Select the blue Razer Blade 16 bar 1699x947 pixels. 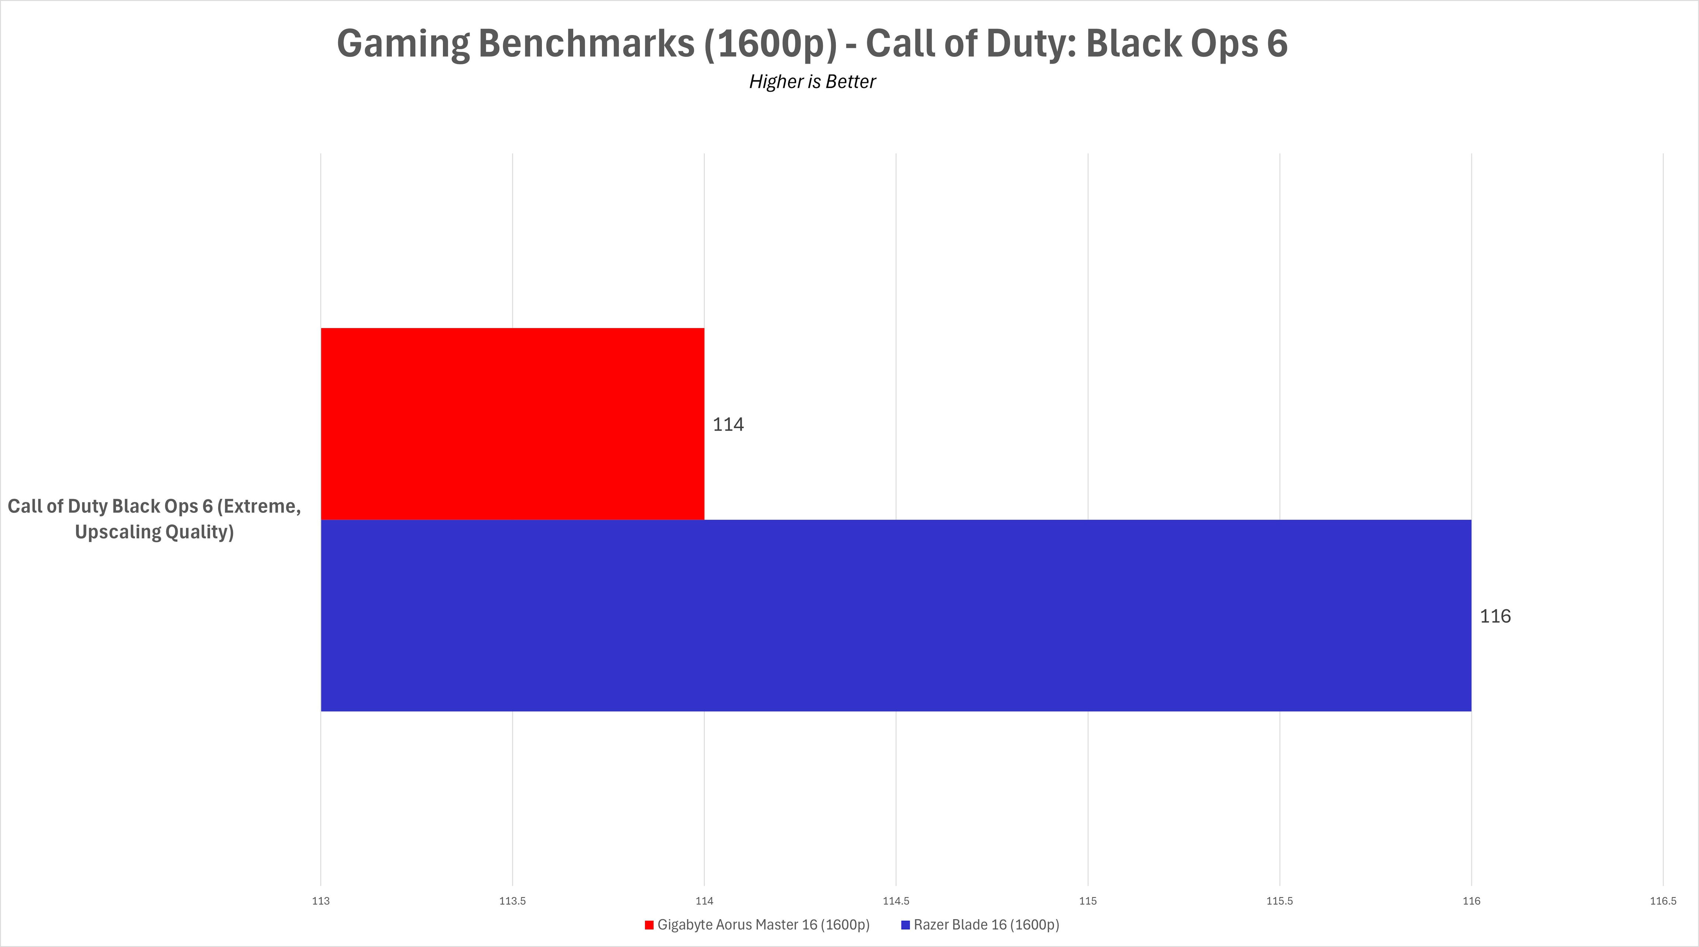pyautogui.click(x=896, y=615)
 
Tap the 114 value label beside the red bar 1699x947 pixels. pyautogui.click(x=728, y=425)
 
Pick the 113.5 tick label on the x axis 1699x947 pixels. pyautogui.click(x=513, y=901)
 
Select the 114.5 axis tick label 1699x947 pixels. pyautogui.click(x=896, y=901)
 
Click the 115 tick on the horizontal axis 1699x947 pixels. pyautogui.click(x=1087, y=901)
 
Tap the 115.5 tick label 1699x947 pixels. pyautogui.click(x=1280, y=901)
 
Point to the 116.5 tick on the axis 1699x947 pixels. pyautogui.click(x=1663, y=901)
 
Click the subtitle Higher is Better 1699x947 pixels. pyautogui.click(x=812, y=82)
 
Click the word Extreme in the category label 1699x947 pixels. pyautogui.click(x=263, y=506)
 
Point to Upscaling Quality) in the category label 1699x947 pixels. pyautogui.click(x=154, y=532)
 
